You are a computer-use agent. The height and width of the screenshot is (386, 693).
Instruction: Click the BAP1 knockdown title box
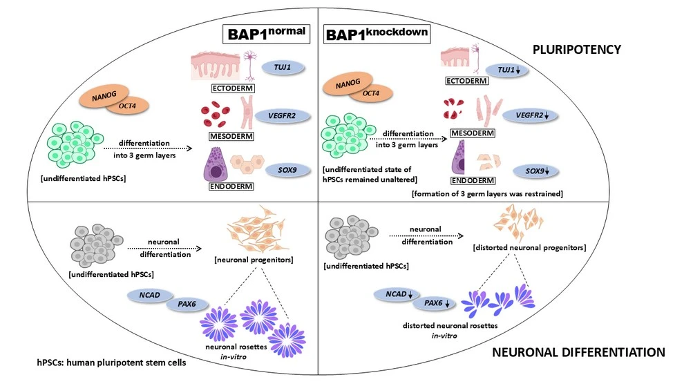(x=377, y=35)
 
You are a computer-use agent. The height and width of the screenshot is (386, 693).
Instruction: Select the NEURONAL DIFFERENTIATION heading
(x=578, y=352)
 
